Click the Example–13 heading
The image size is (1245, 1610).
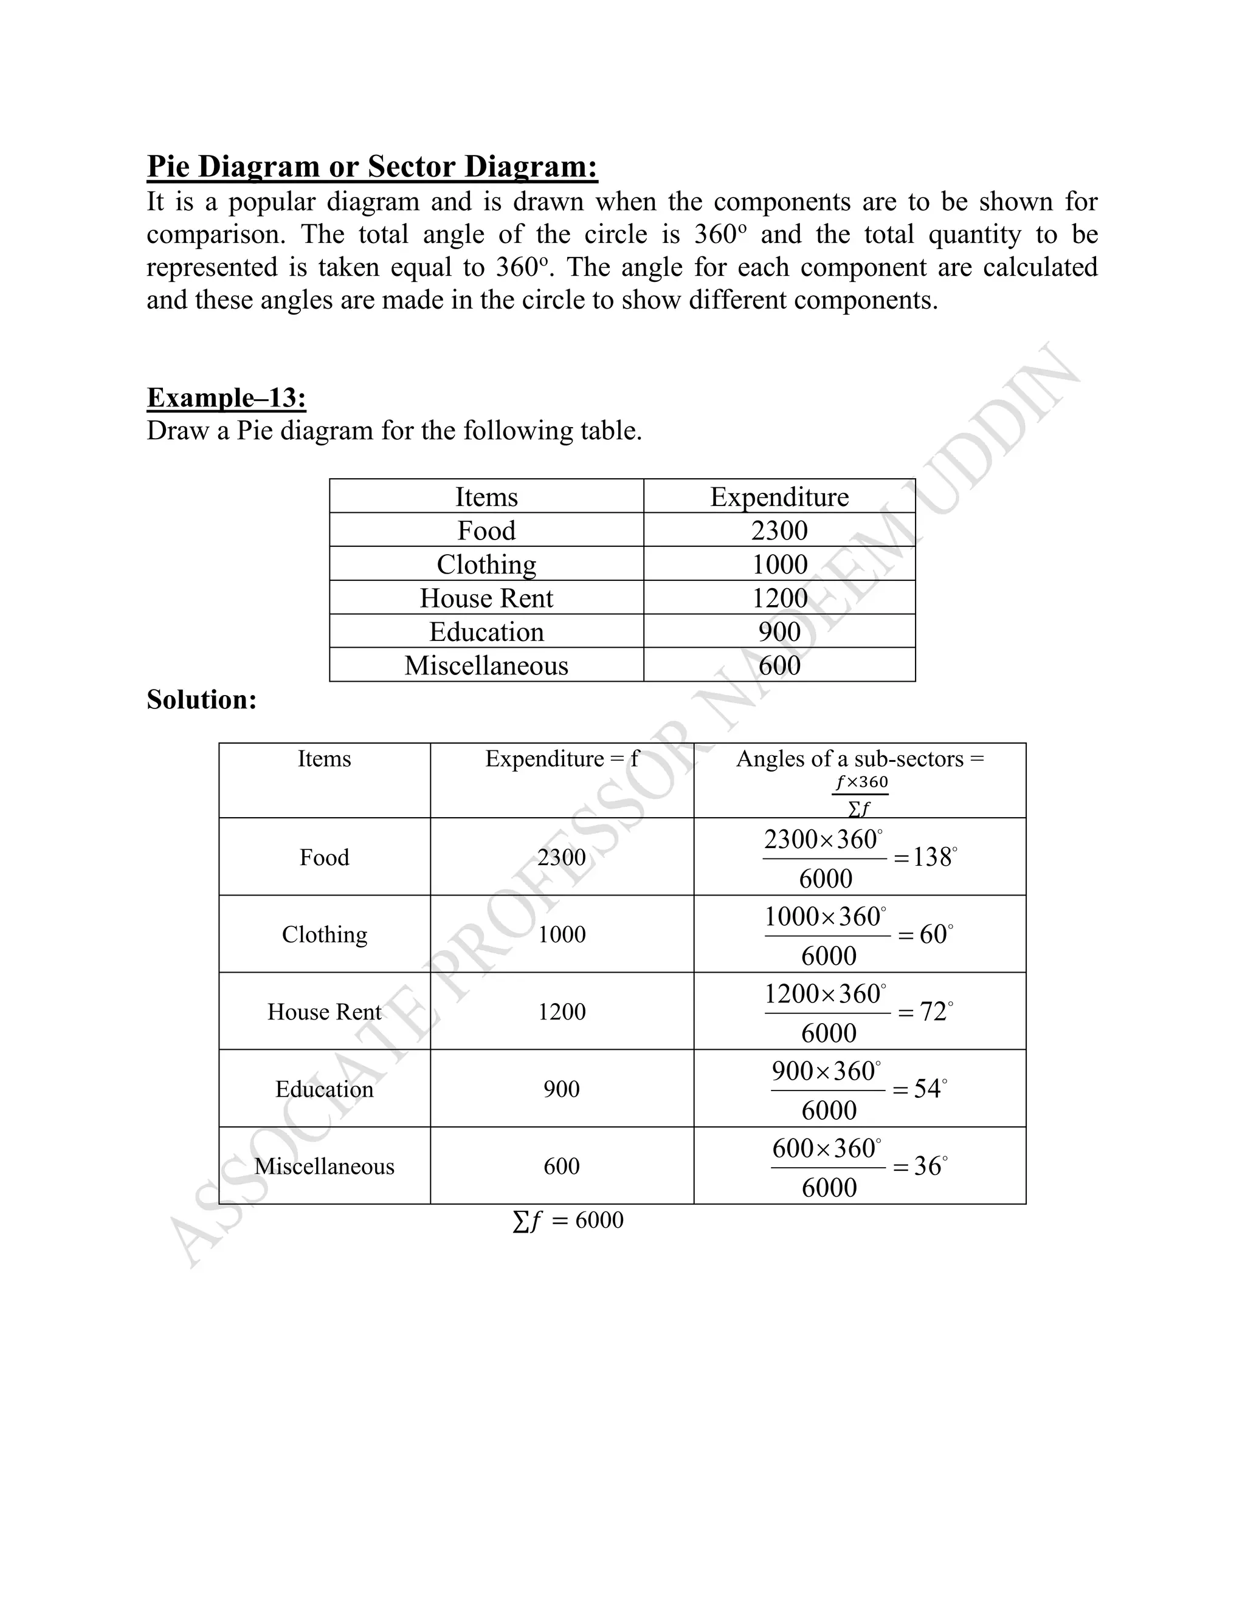coord(226,397)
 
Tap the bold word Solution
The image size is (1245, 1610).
coord(201,699)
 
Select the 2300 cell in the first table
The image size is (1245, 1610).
coord(779,530)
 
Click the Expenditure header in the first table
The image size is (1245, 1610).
coord(779,497)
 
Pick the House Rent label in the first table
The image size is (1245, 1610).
coord(486,598)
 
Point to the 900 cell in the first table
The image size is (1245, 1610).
coord(779,632)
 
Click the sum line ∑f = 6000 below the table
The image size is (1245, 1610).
coord(568,1220)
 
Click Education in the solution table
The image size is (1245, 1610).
coord(324,1089)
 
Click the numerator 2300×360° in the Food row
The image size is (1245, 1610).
coord(823,840)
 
